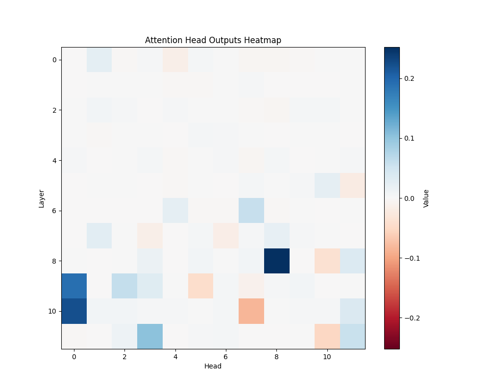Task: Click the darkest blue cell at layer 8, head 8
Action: pos(277,261)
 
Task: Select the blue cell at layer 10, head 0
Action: pos(74,311)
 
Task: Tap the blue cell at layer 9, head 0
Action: pos(74,286)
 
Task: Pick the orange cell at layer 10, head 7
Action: pos(251,311)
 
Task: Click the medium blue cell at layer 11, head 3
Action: pos(150,336)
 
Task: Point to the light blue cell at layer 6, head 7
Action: pos(251,210)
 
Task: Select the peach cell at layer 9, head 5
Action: pos(200,286)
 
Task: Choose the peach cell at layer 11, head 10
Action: pos(327,336)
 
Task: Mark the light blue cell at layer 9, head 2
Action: pos(124,286)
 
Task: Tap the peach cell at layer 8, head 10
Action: pos(327,261)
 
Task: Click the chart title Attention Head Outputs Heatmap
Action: pos(213,40)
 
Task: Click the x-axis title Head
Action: pos(213,366)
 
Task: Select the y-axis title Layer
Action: pos(42,198)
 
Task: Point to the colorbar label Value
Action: pos(426,198)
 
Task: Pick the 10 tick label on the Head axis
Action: pos(327,357)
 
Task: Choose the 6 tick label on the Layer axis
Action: pos(53,210)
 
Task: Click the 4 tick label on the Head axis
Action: pos(175,357)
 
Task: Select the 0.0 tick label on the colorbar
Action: pos(409,198)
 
